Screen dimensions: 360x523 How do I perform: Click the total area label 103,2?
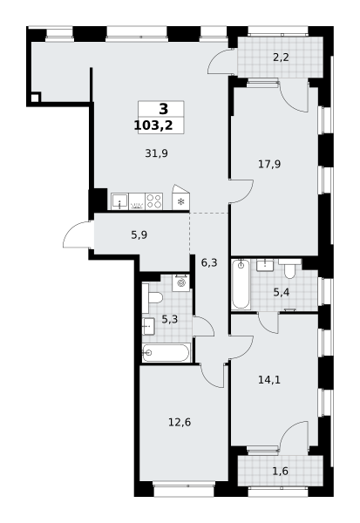click(153, 126)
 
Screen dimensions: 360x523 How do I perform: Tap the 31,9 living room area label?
click(156, 153)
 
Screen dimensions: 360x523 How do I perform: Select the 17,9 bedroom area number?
click(269, 164)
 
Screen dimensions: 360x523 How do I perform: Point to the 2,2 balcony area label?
click(281, 58)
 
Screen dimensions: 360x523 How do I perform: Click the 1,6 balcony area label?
click(281, 472)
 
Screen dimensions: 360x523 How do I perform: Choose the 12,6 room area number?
click(180, 423)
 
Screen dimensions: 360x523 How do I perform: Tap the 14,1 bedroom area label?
click(269, 379)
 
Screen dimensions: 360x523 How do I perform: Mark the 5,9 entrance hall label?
click(139, 235)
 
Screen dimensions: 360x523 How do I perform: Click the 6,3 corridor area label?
click(209, 263)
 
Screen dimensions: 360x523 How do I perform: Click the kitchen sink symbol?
click(119, 201)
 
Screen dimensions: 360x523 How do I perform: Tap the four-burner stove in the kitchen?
click(154, 201)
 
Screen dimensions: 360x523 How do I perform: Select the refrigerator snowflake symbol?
click(181, 201)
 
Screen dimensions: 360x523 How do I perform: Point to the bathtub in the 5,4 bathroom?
click(241, 284)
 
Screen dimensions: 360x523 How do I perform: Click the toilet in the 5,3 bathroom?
click(153, 298)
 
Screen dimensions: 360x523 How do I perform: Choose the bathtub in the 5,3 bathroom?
click(166, 352)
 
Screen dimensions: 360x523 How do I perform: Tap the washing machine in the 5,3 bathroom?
click(181, 283)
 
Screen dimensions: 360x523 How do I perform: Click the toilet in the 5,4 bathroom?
click(289, 268)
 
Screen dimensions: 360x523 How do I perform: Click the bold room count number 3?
click(164, 109)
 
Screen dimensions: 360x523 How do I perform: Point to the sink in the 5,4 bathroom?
click(265, 265)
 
